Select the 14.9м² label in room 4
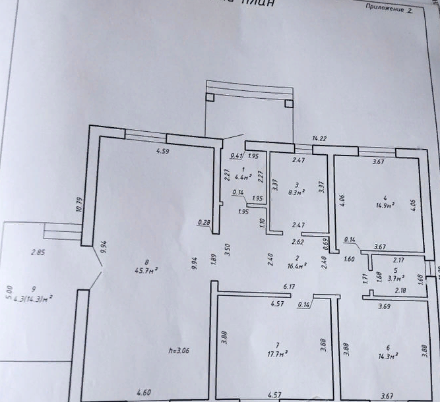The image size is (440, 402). tap(385, 205)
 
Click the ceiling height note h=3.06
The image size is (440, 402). tap(177, 351)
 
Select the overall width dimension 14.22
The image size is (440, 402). tap(319, 138)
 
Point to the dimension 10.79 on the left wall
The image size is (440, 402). tap(79, 204)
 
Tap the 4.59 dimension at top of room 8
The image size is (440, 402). tap(163, 152)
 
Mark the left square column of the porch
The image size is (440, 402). tap(210, 98)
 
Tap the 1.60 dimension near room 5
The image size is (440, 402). tap(349, 259)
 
